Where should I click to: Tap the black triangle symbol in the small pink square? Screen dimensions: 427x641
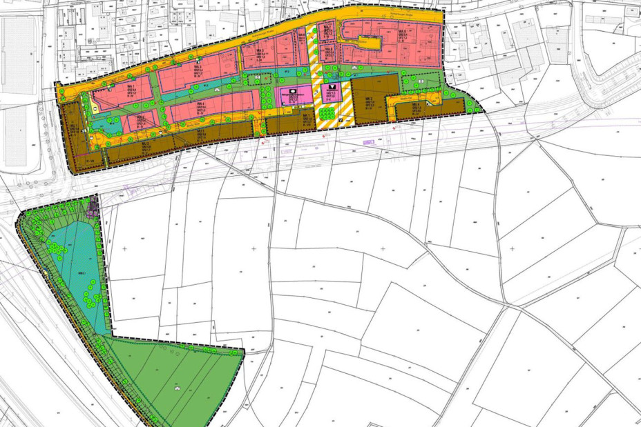point(332,87)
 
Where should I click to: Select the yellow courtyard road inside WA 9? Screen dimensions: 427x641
point(364,44)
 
